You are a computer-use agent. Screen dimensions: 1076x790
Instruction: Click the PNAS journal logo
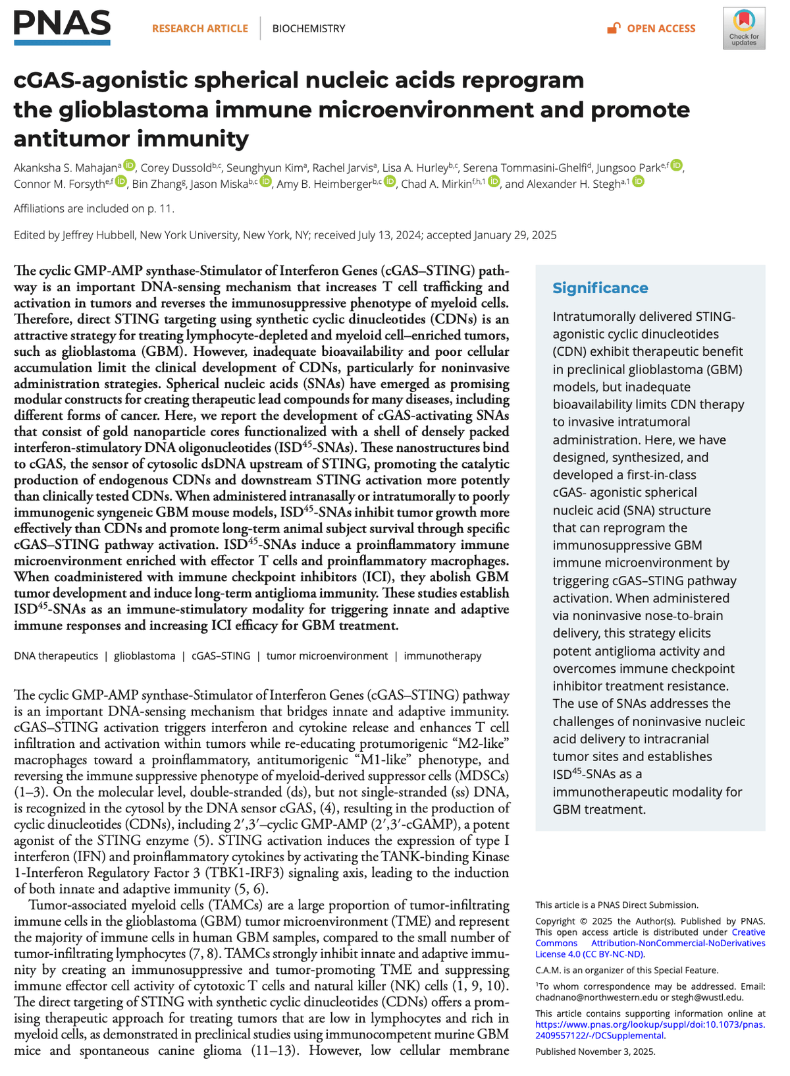tap(62, 26)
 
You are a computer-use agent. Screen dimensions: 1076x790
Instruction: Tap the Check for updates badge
tap(743, 28)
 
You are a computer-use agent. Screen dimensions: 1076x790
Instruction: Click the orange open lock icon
tap(614, 28)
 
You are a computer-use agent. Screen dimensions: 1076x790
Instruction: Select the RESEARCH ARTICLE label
tap(199, 29)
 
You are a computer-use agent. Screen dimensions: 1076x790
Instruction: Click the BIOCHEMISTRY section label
tap(308, 29)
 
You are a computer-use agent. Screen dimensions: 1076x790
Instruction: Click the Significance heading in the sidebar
tap(600, 288)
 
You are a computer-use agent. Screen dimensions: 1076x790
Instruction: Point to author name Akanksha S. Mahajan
tap(65, 167)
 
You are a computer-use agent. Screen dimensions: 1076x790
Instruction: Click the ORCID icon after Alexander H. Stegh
tap(638, 182)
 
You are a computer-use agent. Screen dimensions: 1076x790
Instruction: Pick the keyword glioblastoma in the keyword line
tap(144, 656)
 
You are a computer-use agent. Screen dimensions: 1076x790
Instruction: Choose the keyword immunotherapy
tap(442, 656)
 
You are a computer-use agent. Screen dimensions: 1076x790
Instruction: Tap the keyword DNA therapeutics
tap(56, 656)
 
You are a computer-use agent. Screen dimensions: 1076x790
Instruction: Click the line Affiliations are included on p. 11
tap(94, 209)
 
